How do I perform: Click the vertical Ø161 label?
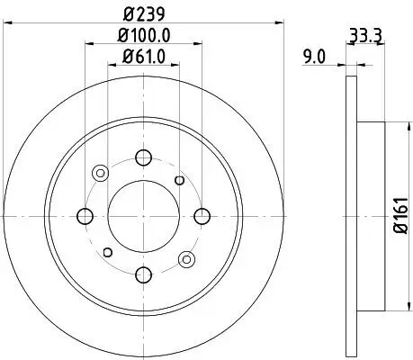pos(401,216)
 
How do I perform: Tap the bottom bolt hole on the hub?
pos(143,274)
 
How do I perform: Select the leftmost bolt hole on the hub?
pos(85,215)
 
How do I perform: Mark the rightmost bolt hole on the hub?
pos(202,215)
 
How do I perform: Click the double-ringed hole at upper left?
pos(100,172)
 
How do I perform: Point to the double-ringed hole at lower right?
pos(186,258)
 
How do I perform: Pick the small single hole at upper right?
pos(180,181)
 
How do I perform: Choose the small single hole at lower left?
pos(108,251)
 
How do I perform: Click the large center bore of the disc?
pos(143,215)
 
